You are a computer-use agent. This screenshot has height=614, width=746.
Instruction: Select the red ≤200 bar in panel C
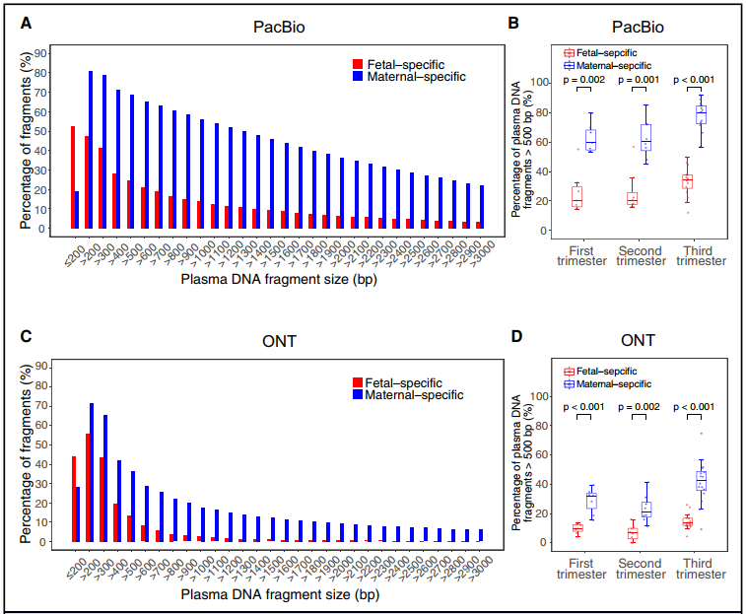point(72,499)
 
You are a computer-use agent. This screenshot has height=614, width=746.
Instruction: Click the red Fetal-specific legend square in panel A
point(357,61)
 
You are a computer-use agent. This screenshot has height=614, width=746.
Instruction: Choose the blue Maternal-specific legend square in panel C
point(357,394)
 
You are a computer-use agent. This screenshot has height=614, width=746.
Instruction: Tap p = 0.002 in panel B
point(583,77)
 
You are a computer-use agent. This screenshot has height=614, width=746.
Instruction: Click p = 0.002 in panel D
point(639,407)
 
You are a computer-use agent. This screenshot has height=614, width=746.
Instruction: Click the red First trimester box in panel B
point(576,196)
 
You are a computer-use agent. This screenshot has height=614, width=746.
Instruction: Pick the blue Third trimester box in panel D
point(701,480)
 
